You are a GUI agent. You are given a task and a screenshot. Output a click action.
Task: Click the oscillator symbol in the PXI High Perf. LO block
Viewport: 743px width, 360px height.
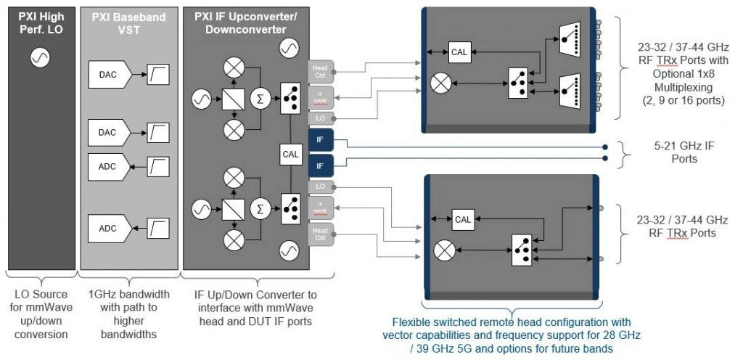[x=40, y=58]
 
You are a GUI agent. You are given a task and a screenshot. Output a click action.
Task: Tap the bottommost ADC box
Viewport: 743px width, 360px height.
[x=107, y=229]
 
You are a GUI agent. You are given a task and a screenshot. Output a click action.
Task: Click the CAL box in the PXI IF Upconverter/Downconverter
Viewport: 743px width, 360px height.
[x=290, y=153]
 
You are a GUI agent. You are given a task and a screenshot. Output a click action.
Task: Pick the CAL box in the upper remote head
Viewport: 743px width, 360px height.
[x=459, y=52]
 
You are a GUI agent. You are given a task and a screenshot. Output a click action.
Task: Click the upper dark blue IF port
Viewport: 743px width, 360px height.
[x=320, y=139]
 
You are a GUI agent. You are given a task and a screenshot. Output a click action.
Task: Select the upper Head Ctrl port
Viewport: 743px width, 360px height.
[x=320, y=71]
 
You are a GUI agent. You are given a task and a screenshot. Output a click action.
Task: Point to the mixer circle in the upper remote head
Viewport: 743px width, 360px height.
[x=441, y=83]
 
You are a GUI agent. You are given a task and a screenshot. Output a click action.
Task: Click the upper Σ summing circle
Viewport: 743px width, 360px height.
[x=258, y=98]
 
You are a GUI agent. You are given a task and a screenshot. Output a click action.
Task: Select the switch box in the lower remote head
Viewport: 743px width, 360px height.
[x=522, y=246]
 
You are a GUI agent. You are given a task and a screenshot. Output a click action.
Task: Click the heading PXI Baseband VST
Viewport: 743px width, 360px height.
[x=127, y=22]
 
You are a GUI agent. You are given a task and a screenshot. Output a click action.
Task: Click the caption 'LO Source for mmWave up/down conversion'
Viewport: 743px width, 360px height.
[x=40, y=314]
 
